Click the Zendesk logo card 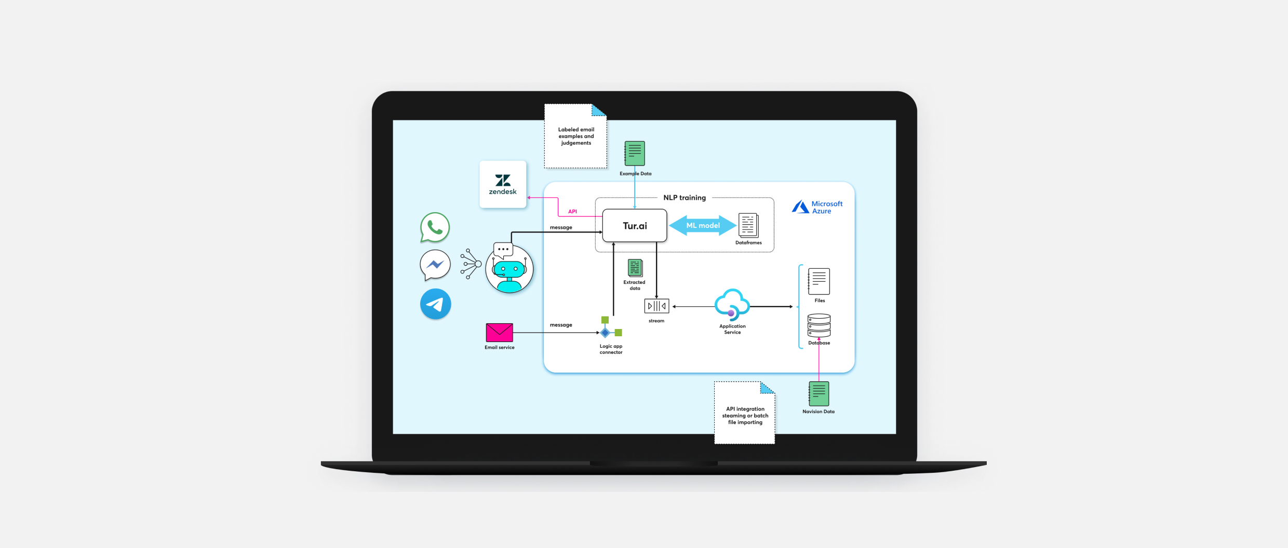(503, 184)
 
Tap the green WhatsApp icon (435, 227)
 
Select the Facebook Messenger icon (435, 265)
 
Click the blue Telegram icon (435, 304)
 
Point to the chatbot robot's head (509, 269)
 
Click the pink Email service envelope (499, 332)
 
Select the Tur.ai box (635, 226)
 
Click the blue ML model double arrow (703, 226)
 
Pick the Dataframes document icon (748, 226)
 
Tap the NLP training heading (685, 198)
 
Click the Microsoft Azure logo (817, 207)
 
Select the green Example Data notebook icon (635, 154)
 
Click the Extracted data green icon (635, 268)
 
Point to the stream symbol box (656, 306)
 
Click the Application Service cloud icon (732, 304)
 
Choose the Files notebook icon (819, 281)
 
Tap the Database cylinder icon (819, 326)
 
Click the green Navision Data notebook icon (819, 394)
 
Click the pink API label (572, 212)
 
